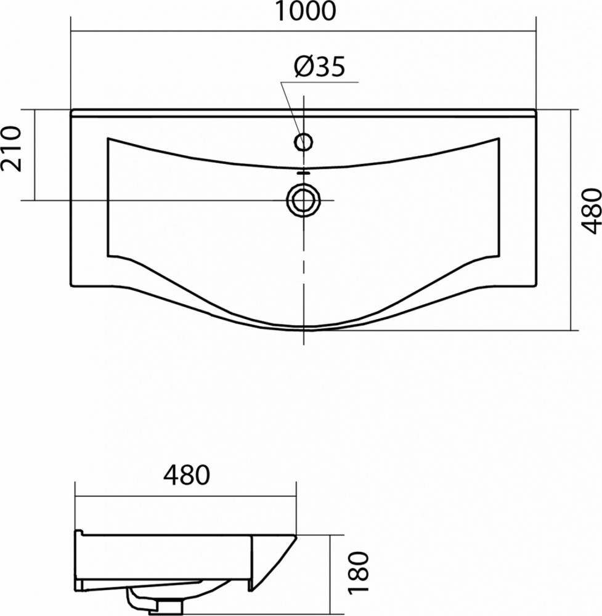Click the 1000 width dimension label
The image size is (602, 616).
click(305, 11)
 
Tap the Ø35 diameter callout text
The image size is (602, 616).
click(319, 67)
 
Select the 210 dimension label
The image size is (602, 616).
click(10, 148)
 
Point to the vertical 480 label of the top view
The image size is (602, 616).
click(591, 211)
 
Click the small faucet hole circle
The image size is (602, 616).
click(303, 142)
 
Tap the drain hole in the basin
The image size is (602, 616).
click(303, 200)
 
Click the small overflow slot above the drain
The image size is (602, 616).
click(303, 172)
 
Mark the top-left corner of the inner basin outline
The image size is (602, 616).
click(108, 138)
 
